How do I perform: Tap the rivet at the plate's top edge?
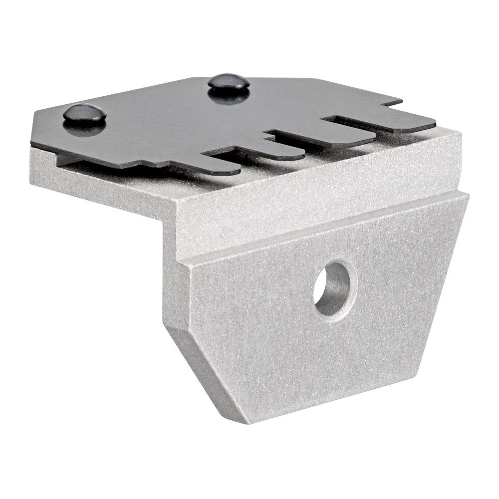(x=229, y=81)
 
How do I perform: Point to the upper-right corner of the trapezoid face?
(x=467, y=197)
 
